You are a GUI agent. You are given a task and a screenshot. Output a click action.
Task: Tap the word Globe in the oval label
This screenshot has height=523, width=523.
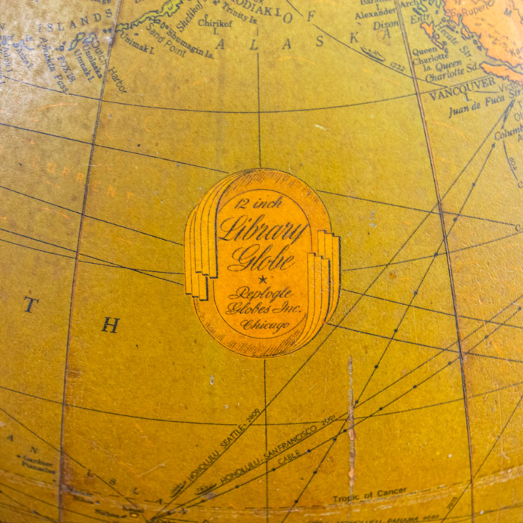261,258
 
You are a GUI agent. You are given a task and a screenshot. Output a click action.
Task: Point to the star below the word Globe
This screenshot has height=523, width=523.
261,279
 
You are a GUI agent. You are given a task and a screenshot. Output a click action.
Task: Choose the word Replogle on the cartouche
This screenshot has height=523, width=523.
261,294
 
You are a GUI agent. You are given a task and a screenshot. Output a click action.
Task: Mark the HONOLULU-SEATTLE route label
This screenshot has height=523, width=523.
225,448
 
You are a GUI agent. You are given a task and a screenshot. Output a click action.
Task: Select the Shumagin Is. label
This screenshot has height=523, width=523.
192,49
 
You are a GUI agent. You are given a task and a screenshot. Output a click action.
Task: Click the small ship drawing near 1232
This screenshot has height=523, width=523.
372,54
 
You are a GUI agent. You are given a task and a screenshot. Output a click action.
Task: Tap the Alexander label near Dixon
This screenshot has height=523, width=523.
376,14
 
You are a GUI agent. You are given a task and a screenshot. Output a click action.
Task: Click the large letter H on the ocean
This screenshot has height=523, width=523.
111,326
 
